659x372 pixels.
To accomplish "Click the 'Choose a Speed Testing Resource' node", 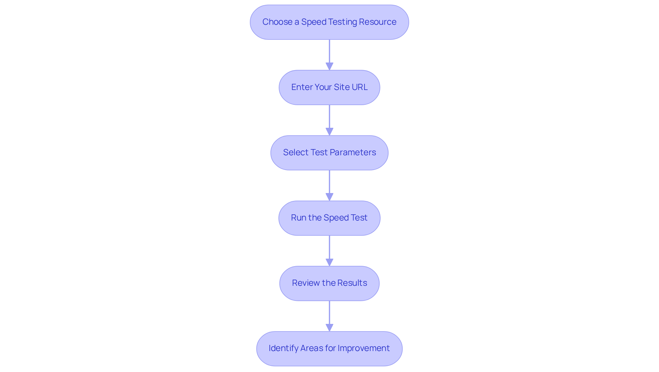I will click(x=329, y=22).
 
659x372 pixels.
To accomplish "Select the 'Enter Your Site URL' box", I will click(x=329, y=87).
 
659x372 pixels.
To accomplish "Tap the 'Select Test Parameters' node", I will click(x=329, y=153).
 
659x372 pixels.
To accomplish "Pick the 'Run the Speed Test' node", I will click(x=329, y=218).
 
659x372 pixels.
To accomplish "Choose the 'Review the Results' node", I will click(x=329, y=283).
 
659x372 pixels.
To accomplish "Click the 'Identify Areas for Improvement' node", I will click(x=329, y=348).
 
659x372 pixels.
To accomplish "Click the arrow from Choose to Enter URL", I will click(x=329, y=55).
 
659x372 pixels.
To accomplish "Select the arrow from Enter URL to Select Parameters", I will click(x=329, y=120).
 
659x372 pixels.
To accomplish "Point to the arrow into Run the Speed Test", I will click(x=329, y=185).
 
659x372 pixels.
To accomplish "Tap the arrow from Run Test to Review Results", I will click(x=329, y=251).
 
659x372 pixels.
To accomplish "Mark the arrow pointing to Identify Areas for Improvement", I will click(x=329, y=316).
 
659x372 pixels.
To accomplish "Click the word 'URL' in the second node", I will click(x=360, y=87).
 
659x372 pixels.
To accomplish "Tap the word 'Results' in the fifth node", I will click(x=352, y=283).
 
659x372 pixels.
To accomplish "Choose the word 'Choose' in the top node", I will click(x=277, y=22).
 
